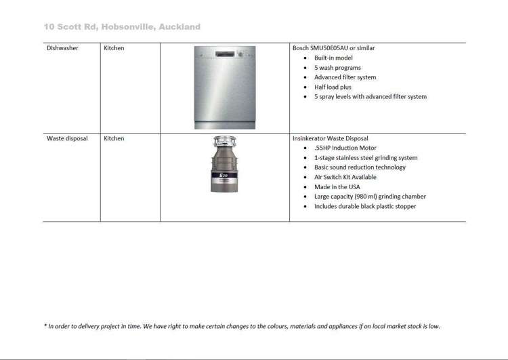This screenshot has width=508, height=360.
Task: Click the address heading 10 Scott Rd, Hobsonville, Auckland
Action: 122,27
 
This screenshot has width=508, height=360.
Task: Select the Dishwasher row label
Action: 62,48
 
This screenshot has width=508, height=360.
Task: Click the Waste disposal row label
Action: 67,138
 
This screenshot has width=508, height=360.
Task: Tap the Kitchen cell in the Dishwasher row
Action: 114,48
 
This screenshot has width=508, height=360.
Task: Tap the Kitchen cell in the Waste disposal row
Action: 114,138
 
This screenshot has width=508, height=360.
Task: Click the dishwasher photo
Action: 225,87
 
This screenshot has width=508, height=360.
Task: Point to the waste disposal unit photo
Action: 225,164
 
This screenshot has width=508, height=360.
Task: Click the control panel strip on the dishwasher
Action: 225,54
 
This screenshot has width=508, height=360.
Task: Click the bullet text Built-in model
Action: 333,58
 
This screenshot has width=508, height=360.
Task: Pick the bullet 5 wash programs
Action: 337,68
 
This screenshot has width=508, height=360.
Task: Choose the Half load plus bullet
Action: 333,87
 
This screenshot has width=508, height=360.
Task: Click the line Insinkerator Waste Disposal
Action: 331,138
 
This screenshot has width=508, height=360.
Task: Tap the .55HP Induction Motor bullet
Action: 345,148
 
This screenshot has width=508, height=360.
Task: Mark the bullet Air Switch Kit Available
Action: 345,177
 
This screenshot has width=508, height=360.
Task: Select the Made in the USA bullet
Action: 337,186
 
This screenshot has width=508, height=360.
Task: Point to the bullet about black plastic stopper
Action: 365,206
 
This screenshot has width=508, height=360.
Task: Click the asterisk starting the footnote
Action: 45,326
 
